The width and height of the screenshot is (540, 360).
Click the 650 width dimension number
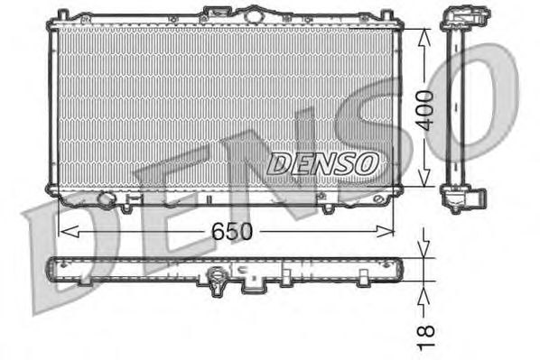232,231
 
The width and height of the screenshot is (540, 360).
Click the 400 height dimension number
425,110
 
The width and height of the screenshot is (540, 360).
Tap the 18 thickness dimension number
425,337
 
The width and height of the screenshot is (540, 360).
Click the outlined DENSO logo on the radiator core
322,164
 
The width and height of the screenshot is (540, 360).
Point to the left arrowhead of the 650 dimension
69,231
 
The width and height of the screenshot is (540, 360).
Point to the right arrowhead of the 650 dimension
385,231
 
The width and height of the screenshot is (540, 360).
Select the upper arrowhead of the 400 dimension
424,37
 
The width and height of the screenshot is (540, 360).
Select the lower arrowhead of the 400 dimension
424,178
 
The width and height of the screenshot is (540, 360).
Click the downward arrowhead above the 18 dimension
424,248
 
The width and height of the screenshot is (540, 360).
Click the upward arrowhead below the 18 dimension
424,296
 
